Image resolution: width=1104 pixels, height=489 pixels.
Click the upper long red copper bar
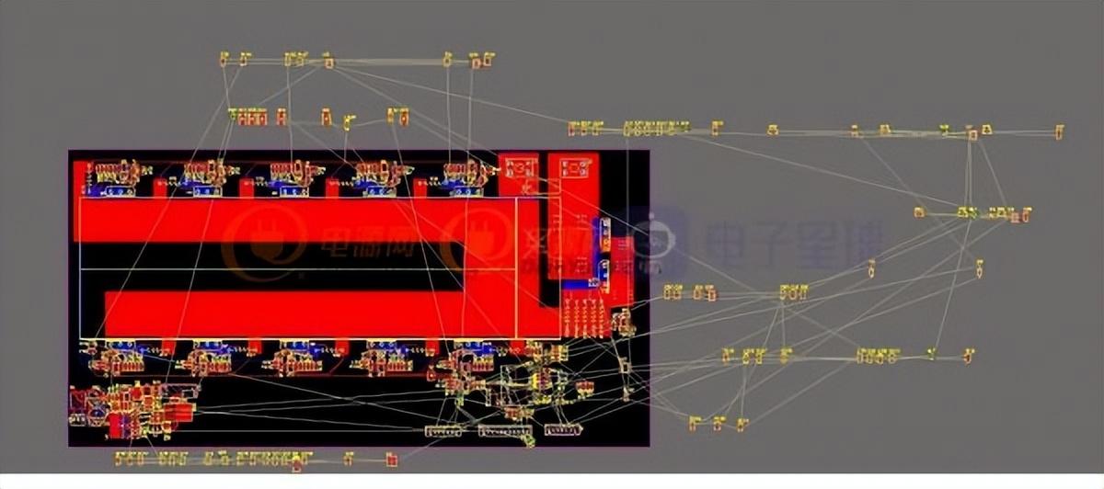[276, 220]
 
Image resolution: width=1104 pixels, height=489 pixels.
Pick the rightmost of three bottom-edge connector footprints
[562, 429]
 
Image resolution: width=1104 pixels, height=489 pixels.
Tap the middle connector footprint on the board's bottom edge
[504, 430]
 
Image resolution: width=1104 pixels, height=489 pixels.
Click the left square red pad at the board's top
[519, 167]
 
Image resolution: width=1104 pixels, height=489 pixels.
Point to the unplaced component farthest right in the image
[1059, 132]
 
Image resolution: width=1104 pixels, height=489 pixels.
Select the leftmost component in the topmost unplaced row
[224, 60]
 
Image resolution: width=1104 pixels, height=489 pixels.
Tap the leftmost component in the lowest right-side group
[695, 423]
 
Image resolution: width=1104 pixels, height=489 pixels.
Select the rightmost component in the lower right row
[968, 355]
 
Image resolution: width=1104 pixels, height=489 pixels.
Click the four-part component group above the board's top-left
[247, 117]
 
